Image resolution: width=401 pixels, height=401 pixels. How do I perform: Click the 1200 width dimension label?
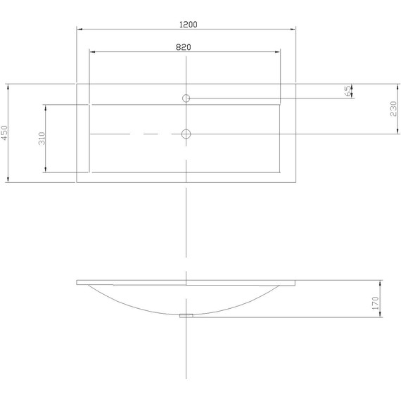[x=189, y=25]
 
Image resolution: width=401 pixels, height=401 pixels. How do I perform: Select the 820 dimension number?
[x=184, y=47]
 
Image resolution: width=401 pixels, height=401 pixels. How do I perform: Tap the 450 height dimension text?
[x=5, y=133]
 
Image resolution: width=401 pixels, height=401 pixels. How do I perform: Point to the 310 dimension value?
[x=42, y=139]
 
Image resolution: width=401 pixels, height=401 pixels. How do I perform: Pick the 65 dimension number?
[x=348, y=91]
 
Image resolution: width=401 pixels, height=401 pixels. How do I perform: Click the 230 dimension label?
[x=393, y=108]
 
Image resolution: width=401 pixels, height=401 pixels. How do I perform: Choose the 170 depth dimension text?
[x=375, y=303]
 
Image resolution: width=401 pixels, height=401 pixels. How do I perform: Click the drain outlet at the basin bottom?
[x=186, y=316]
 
